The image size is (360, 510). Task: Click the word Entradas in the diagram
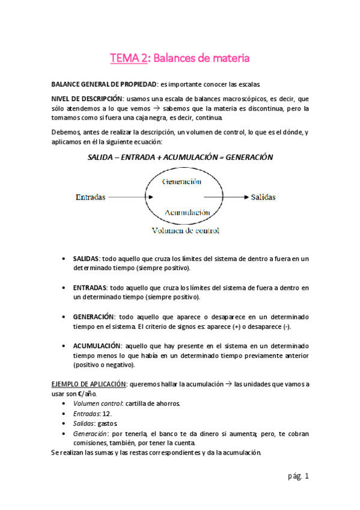(x=91, y=197)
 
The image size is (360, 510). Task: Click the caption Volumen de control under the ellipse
(x=185, y=230)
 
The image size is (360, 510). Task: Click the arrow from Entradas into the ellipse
(x=128, y=197)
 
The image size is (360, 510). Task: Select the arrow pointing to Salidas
(x=225, y=197)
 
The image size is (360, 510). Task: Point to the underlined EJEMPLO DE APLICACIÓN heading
(x=88, y=384)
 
